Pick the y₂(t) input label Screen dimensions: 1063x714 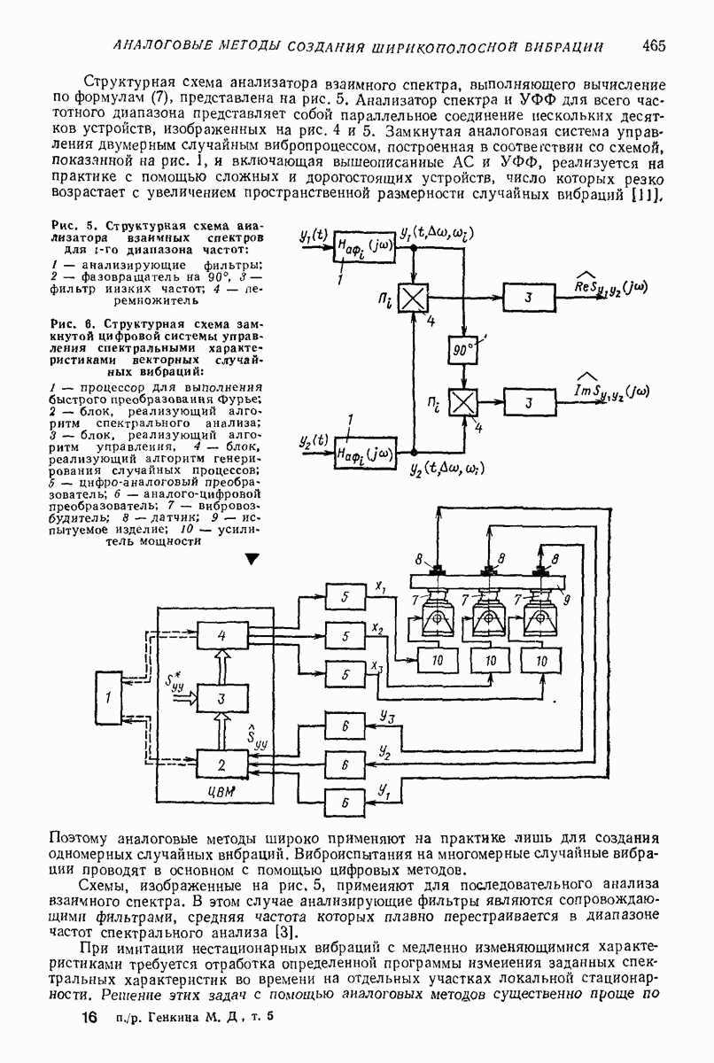pos(313,440)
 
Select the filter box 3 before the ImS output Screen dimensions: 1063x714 pos(527,402)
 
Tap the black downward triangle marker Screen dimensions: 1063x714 pos(252,559)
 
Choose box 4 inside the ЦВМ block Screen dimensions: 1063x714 pos(221,635)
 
